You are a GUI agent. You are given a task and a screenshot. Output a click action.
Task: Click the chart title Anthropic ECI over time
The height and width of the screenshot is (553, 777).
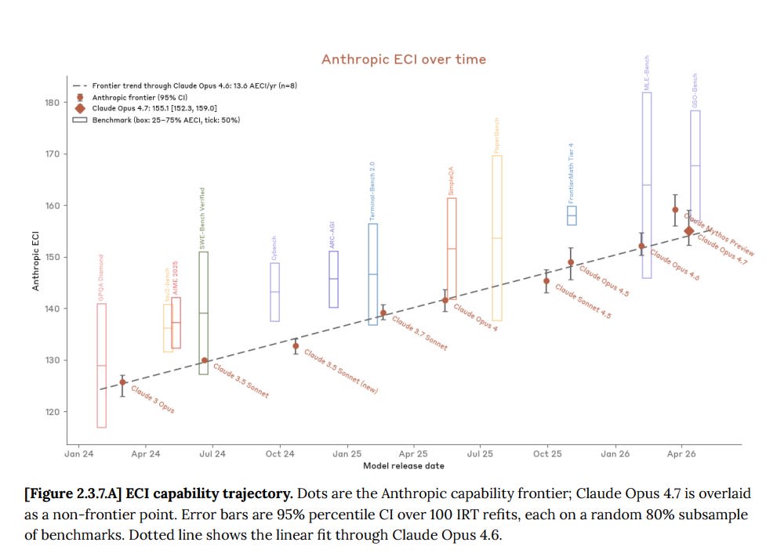click(403, 60)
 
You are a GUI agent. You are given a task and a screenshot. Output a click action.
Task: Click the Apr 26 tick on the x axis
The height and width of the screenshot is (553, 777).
click(681, 454)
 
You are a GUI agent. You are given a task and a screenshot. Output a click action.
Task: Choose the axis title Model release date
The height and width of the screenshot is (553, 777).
click(403, 466)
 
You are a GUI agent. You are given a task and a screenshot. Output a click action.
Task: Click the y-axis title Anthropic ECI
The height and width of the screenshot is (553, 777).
click(36, 259)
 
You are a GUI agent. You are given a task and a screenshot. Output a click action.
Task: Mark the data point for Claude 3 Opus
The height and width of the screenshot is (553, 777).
click(122, 382)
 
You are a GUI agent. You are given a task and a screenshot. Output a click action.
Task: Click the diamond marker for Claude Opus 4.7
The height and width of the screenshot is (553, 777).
click(688, 230)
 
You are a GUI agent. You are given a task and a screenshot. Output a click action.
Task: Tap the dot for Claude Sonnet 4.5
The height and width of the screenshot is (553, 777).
click(546, 280)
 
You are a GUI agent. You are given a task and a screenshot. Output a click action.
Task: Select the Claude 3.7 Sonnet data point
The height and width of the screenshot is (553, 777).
click(383, 313)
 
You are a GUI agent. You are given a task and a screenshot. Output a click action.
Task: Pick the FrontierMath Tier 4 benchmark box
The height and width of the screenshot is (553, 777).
click(572, 215)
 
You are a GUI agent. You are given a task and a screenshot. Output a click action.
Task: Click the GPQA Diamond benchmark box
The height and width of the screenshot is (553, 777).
click(102, 365)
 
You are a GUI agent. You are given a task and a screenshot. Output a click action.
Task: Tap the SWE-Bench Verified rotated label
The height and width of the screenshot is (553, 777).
click(203, 218)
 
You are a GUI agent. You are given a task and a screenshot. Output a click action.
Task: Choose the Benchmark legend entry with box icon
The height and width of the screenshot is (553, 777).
click(157, 120)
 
